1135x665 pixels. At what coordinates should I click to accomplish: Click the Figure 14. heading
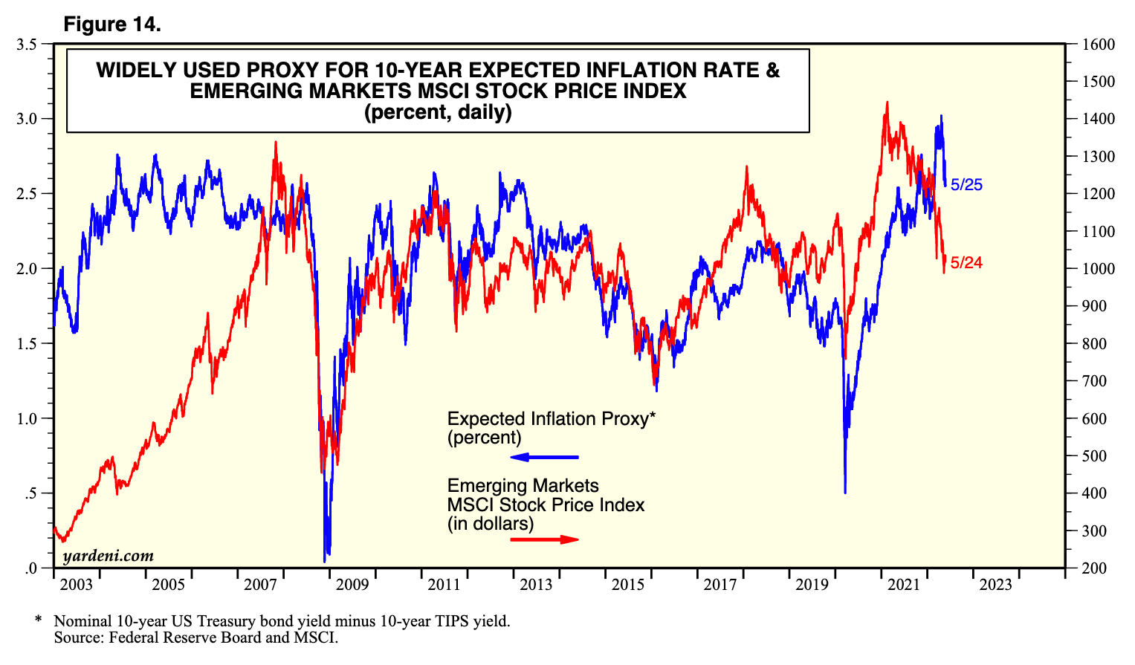tap(112, 25)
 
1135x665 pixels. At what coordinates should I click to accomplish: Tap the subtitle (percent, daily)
tap(437, 112)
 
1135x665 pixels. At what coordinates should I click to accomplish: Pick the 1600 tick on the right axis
tap(1098, 45)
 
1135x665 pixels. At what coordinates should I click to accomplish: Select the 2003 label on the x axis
tap(76, 585)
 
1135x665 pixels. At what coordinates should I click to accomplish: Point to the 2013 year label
tap(536, 585)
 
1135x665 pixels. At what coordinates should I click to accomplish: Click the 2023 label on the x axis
tap(995, 585)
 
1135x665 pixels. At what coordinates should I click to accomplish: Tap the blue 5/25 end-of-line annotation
tap(966, 185)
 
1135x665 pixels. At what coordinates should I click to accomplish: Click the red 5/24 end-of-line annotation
tap(966, 263)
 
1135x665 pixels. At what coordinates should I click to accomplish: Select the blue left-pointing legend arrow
tap(543, 457)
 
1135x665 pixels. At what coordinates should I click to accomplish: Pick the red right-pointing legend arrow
tap(545, 539)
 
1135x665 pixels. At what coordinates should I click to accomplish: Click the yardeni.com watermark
tap(109, 556)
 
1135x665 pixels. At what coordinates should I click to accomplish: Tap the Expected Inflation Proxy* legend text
tap(551, 419)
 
